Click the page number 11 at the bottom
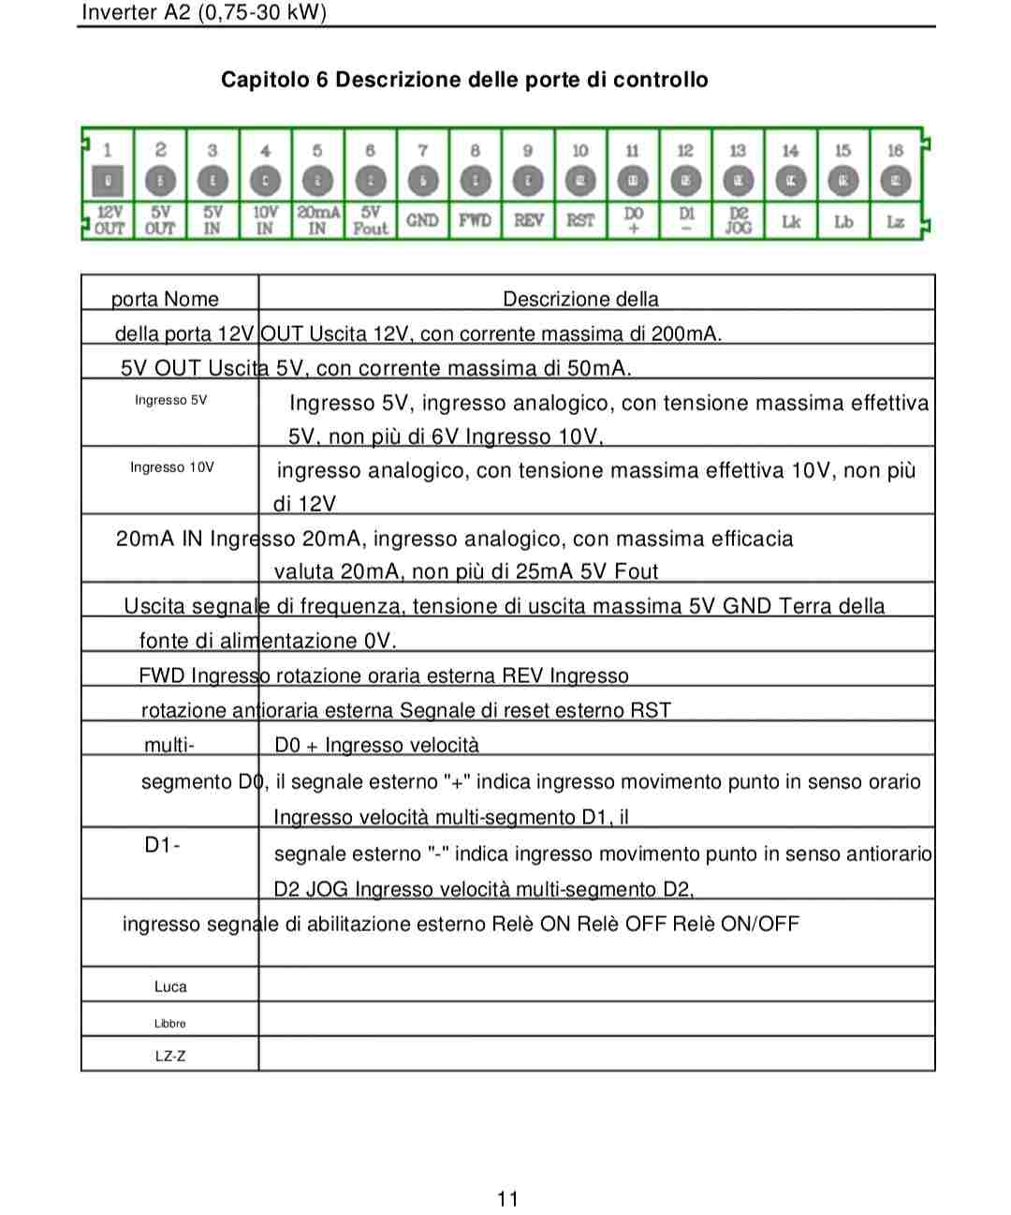pyautogui.click(x=507, y=1198)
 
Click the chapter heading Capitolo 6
pyautogui.click(x=464, y=80)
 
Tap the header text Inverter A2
pyautogui.click(x=204, y=12)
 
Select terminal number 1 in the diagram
pyautogui.click(x=108, y=150)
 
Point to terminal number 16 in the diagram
pyautogui.click(x=895, y=150)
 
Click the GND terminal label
pyautogui.click(x=422, y=220)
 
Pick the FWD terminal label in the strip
pyautogui.click(x=475, y=220)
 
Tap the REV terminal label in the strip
pyautogui.click(x=528, y=220)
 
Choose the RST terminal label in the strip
pyautogui.click(x=580, y=220)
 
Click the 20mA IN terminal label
pyautogui.click(x=317, y=220)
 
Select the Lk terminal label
pyautogui.click(x=791, y=222)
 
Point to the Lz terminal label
pyautogui.click(x=896, y=222)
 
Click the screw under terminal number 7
pyautogui.click(x=423, y=180)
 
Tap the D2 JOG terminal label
pyautogui.click(x=739, y=220)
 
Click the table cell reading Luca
pyautogui.click(x=170, y=986)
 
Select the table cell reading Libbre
pyautogui.click(x=170, y=1023)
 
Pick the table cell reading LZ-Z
pyautogui.click(x=170, y=1056)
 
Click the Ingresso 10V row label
pyautogui.click(x=172, y=467)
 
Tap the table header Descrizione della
pyautogui.click(x=580, y=299)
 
